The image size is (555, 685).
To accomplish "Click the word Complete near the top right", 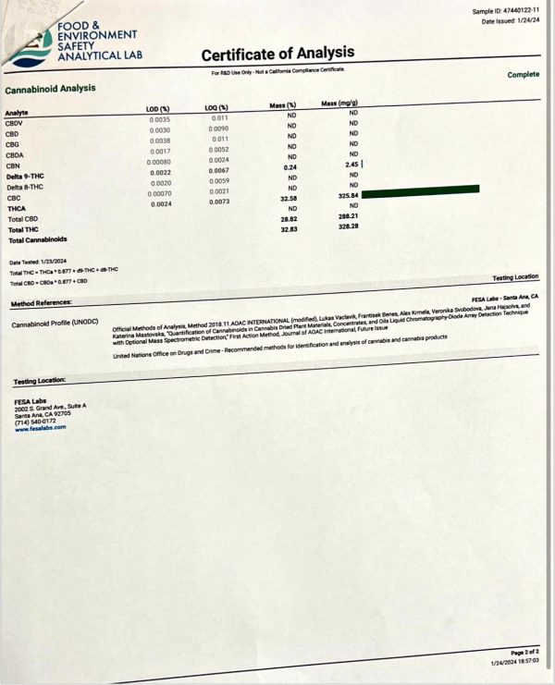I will [x=523, y=75].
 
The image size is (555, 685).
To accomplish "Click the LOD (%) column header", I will [x=159, y=110].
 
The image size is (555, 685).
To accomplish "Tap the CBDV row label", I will [x=15, y=123].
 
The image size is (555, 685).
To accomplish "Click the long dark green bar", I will [x=422, y=190].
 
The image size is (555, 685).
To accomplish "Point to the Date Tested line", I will [x=36, y=263].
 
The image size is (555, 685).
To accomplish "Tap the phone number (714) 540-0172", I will [x=35, y=422].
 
